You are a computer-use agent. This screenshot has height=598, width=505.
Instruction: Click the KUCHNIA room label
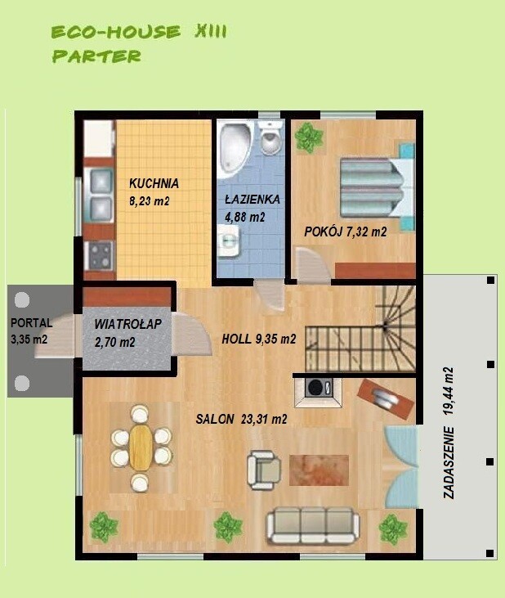click(x=154, y=183)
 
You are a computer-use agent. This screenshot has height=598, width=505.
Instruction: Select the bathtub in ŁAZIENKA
click(x=235, y=150)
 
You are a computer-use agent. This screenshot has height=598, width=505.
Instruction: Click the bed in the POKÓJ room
click(x=376, y=187)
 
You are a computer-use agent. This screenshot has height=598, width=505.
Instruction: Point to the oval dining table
click(x=141, y=447)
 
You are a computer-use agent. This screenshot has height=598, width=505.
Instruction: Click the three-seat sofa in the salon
click(x=312, y=525)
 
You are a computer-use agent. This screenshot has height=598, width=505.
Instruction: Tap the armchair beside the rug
click(x=264, y=470)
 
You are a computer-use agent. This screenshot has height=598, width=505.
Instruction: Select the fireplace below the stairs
click(x=318, y=392)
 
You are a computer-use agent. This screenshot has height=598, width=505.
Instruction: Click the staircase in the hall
click(x=360, y=330)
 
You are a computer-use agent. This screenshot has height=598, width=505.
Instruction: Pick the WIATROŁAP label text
click(x=128, y=324)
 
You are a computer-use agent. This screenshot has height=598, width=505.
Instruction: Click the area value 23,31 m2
click(x=264, y=420)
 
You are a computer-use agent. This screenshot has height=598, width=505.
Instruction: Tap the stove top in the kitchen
click(x=101, y=254)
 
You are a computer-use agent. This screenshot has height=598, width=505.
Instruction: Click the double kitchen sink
click(x=101, y=195)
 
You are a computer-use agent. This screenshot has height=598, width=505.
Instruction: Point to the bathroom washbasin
click(x=229, y=240)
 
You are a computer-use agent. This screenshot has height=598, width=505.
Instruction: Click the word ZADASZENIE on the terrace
click(x=449, y=462)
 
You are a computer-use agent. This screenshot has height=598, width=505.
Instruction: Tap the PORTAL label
click(x=32, y=322)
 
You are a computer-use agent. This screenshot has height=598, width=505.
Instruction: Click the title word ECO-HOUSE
click(x=116, y=32)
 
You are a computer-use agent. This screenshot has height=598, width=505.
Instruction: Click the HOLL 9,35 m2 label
click(x=258, y=339)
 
